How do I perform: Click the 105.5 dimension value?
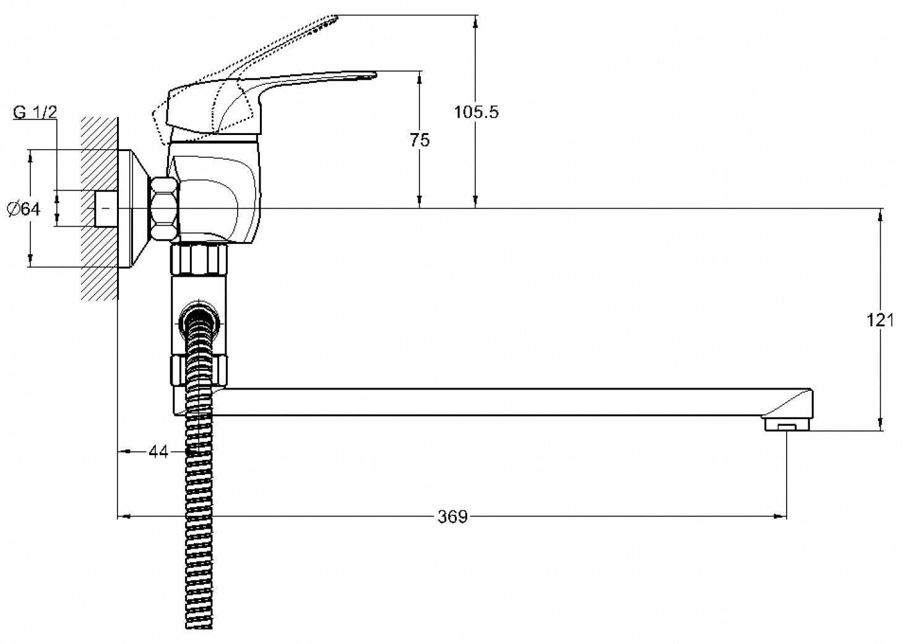pyautogui.click(x=475, y=112)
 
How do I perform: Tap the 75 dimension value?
pyautogui.click(x=420, y=140)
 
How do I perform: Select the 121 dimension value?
pyautogui.click(x=880, y=320)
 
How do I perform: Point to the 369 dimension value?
pyautogui.click(x=452, y=516)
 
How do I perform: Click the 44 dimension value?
pyautogui.click(x=158, y=452)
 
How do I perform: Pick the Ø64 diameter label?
pyautogui.click(x=24, y=209)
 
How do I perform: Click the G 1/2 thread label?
pyautogui.click(x=35, y=112)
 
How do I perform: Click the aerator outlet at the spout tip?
pyautogui.click(x=787, y=425)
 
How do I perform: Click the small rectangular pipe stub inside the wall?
pyautogui.click(x=106, y=209)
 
